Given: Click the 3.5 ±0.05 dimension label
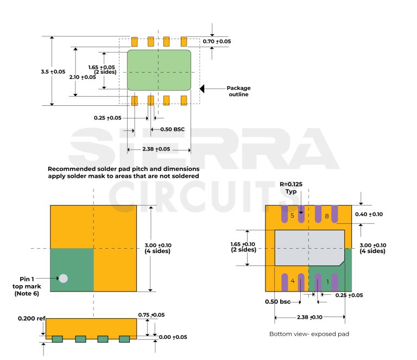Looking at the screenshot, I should point(53,72).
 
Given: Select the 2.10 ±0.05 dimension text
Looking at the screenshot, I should point(83,77).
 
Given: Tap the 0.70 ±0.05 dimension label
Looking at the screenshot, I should point(217,41).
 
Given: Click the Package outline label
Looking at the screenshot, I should point(238,91).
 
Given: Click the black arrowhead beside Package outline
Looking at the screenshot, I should point(203,88).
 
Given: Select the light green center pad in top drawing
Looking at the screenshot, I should point(159,71).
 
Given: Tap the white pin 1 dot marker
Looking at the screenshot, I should point(64,278).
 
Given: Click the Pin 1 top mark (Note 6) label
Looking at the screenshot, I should point(27,286).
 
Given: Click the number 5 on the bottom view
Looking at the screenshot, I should point(292,216).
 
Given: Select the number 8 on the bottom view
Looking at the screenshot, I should point(327,216).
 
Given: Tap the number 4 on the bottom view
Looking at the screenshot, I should point(292,281).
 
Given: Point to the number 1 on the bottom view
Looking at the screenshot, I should point(327,281).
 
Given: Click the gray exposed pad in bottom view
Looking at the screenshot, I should point(309,248).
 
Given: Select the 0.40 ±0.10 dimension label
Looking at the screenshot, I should point(369,214).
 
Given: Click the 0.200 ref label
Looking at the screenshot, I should point(31,318).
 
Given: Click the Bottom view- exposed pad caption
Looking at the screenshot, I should point(309,334).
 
